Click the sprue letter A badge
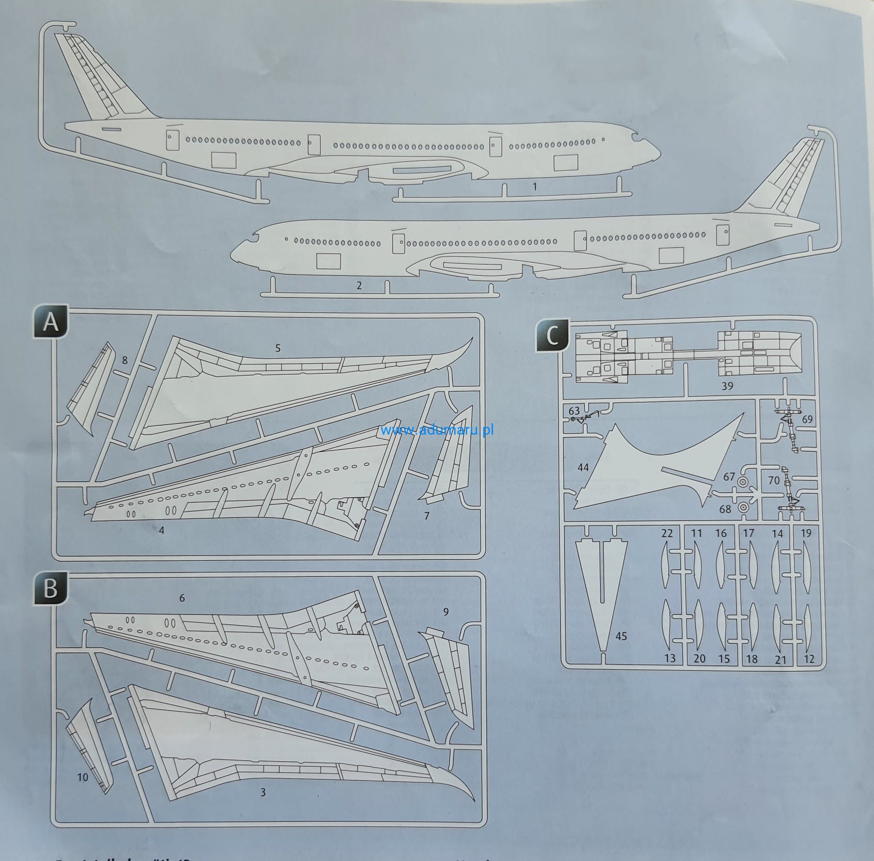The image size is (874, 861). [x=51, y=322]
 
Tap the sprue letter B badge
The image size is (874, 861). [x=51, y=588]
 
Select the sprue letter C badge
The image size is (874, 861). [x=553, y=336]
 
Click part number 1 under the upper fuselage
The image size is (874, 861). [x=535, y=186]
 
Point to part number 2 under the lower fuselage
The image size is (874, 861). [x=359, y=285]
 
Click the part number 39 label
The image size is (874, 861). [x=727, y=386]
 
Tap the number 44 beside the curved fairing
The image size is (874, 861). [x=583, y=467]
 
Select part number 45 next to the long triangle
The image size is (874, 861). [x=621, y=636]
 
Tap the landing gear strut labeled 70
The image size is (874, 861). [x=788, y=491]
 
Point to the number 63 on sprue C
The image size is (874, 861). [x=574, y=411]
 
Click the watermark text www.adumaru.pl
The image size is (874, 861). [x=437, y=429]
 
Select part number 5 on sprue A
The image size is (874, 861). [x=278, y=348]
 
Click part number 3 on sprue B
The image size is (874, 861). [x=263, y=792]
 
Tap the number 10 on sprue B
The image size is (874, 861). [x=83, y=777]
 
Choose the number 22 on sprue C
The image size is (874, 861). [x=667, y=533]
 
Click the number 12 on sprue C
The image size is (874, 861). [x=809, y=659]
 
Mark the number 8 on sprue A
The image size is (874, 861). [x=125, y=360]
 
